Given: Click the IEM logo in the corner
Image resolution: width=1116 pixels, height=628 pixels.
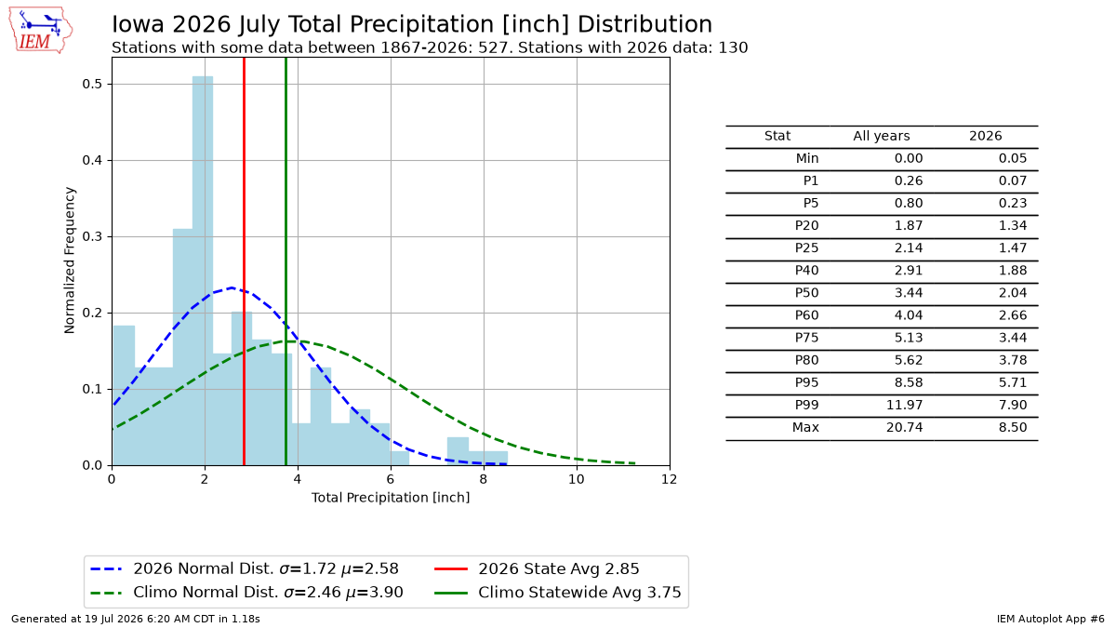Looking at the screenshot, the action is pyautogui.click(x=41, y=30).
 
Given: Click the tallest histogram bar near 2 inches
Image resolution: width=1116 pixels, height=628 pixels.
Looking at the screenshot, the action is pyautogui.click(x=203, y=271).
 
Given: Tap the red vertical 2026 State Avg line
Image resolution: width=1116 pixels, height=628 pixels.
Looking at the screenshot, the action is pyautogui.click(x=244, y=261).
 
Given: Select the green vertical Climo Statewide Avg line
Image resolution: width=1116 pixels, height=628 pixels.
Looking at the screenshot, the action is pyautogui.click(x=286, y=261).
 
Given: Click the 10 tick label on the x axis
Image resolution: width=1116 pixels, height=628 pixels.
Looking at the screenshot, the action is pyautogui.click(x=577, y=479).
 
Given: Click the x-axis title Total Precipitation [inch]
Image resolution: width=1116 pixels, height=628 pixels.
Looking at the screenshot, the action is pyautogui.click(x=391, y=498).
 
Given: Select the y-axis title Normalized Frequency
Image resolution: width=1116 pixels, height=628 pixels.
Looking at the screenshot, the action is pyautogui.click(x=69, y=261).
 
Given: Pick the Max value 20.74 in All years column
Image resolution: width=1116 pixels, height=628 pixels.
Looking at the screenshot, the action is pyautogui.click(x=904, y=428).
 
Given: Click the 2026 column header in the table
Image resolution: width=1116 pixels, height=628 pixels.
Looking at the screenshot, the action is pyautogui.click(x=985, y=136).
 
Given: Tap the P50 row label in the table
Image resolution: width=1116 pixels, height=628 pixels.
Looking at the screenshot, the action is pyautogui.click(x=806, y=293).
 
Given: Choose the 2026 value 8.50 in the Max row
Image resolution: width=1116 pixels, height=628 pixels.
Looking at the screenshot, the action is pyautogui.click(x=1013, y=428).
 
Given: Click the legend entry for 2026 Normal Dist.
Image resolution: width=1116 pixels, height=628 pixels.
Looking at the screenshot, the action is pyautogui.click(x=245, y=568).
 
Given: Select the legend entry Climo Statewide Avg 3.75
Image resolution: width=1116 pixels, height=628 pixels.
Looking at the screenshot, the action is pyautogui.click(x=557, y=592).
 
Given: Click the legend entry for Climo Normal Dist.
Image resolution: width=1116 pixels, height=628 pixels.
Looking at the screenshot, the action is pyautogui.click(x=247, y=592).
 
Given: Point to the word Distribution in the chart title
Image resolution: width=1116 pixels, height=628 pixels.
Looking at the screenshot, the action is pyautogui.click(x=644, y=24).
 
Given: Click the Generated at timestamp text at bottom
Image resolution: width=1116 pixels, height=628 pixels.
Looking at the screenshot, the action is pyautogui.click(x=136, y=619).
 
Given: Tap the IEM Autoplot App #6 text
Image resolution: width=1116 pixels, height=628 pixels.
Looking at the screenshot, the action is pyautogui.click(x=1050, y=619).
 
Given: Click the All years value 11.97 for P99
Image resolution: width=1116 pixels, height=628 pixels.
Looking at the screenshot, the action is pyautogui.click(x=904, y=406).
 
